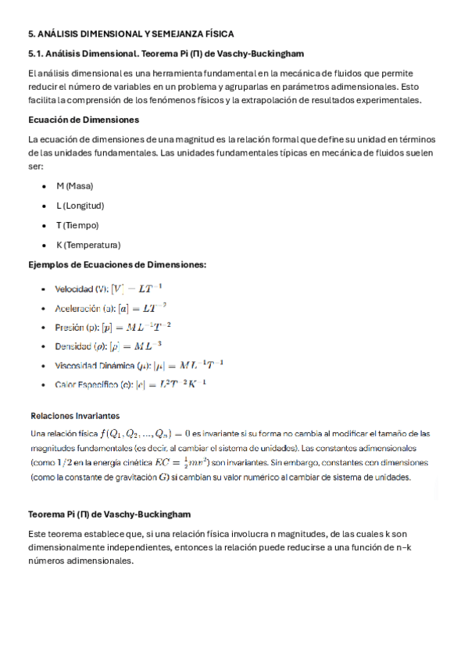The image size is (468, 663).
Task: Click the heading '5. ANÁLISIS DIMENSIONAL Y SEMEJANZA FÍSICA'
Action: pos(130,34)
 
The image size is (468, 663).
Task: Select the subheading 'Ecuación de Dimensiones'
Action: pos(84,120)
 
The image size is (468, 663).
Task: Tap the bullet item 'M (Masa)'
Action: pos(74,186)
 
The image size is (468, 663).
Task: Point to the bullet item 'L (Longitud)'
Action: pos(80,206)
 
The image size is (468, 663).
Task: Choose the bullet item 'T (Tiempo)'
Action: pos(77,225)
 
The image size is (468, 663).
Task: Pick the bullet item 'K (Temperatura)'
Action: pos(88,245)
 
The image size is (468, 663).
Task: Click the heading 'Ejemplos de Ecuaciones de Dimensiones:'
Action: pos(117,264)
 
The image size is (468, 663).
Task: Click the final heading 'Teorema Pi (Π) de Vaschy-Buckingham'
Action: pos(109,514)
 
